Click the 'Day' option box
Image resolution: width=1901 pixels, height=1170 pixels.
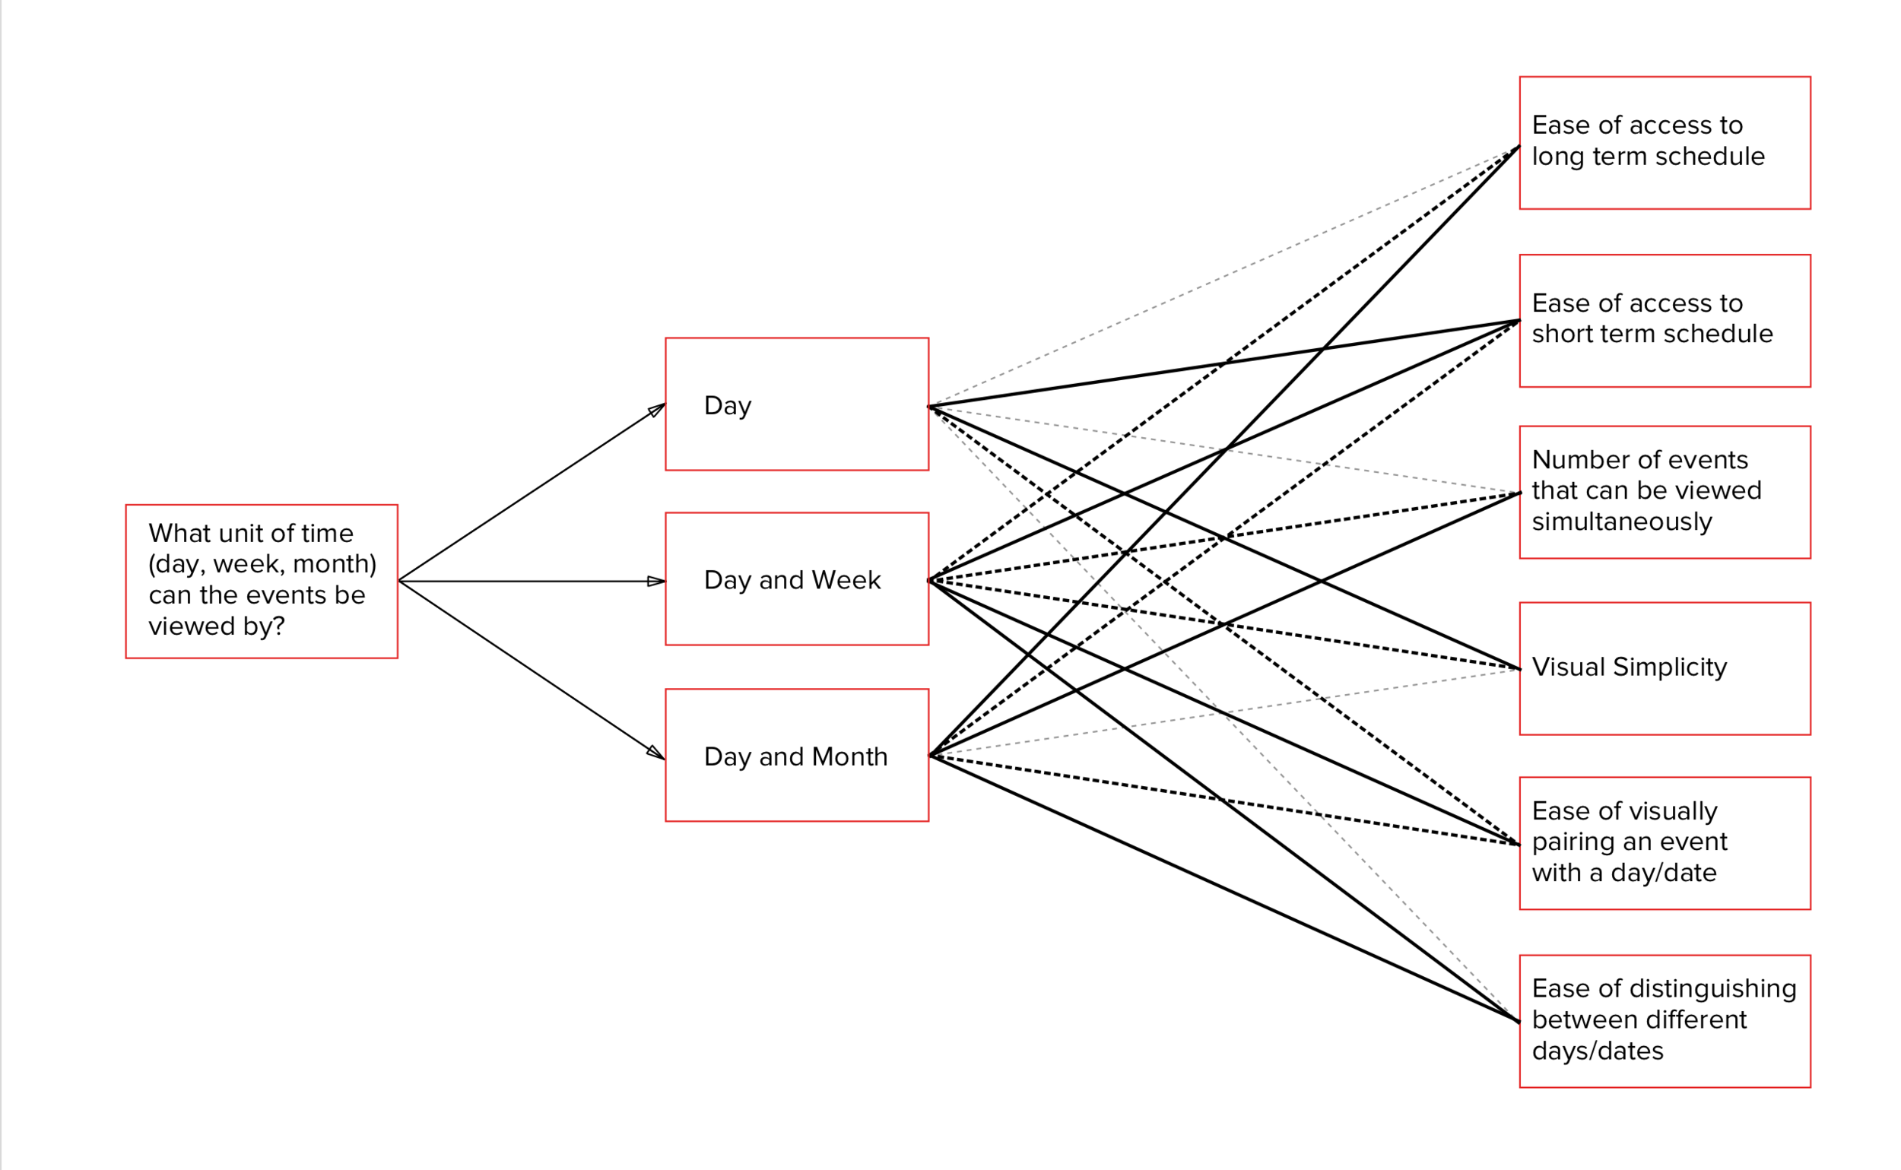point(796,404)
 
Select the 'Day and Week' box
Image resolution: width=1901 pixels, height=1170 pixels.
point(796,579)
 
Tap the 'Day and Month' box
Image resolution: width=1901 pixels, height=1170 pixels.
point(796,755)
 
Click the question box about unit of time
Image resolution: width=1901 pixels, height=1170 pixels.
point(262,581)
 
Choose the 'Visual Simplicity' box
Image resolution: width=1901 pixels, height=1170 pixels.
point(1665,668)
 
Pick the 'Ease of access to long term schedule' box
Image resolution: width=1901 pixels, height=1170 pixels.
point(1665,142)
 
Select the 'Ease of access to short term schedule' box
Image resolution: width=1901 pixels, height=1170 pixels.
point(1665,320)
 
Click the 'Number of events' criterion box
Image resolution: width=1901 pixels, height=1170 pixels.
point(1665,492)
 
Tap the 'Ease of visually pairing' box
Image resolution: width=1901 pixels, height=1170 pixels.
point(1665,843)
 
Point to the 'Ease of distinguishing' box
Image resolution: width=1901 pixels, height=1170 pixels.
point(1665,1022)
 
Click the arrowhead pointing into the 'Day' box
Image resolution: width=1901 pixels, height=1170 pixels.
point(657,408)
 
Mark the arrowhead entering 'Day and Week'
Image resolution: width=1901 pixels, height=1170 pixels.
point(657,581)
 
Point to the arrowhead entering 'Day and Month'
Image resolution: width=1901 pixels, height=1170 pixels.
point(656,753)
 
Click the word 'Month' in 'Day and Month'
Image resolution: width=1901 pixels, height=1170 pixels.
point(849,756)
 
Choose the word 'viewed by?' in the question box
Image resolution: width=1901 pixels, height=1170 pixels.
point(217,626)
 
